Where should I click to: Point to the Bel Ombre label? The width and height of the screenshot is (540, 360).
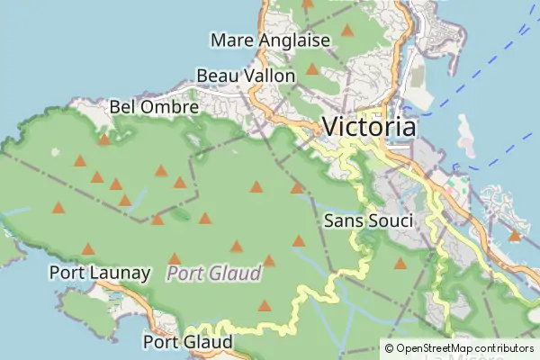[x=154, y=106]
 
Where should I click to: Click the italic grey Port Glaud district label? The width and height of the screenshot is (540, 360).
[x=214, y=273]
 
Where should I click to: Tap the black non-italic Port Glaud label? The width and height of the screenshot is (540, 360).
[x=187, y=342]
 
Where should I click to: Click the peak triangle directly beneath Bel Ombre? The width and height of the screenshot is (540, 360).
[x=104, y=139]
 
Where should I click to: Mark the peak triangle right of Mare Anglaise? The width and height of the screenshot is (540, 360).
[x=347, y=31]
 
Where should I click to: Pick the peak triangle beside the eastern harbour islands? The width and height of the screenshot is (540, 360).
[x=514, y=237]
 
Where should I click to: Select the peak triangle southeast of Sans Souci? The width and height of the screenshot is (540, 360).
[x=400, y=264]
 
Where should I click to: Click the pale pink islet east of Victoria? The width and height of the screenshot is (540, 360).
[x=465, y=135]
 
